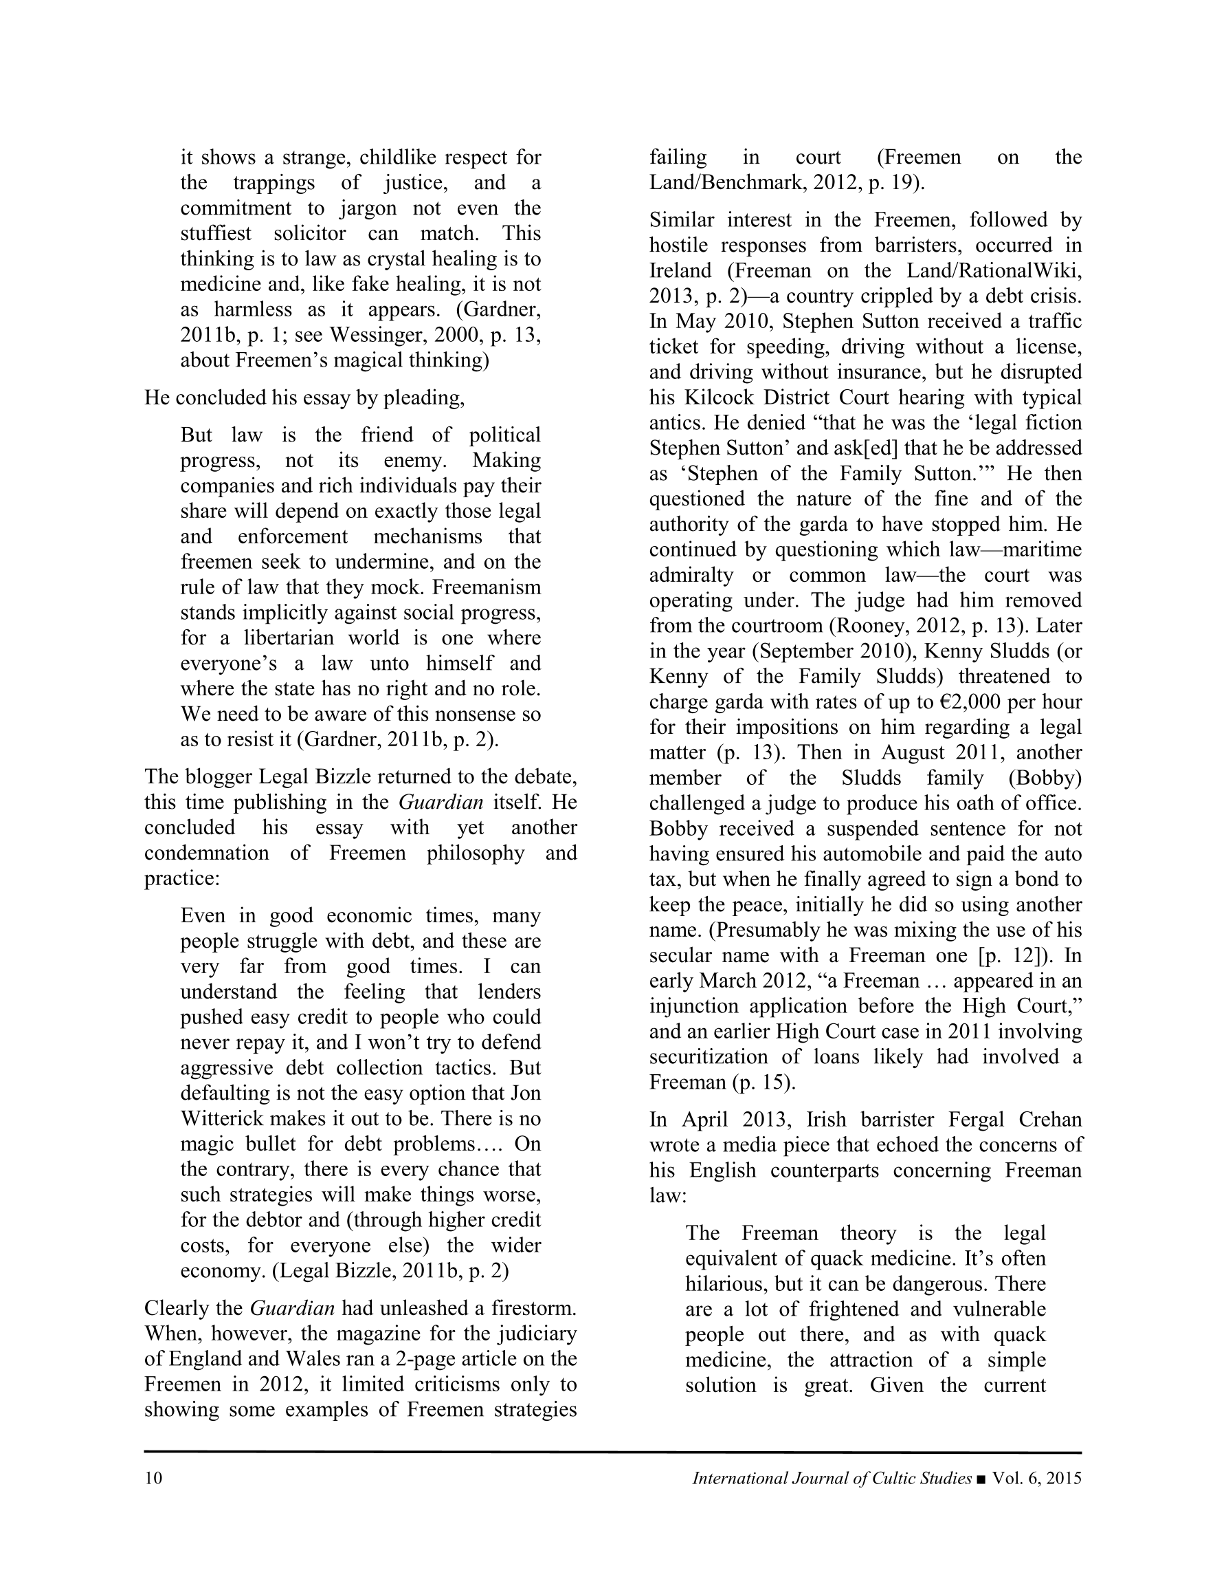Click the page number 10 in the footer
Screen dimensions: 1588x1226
point(153,1478)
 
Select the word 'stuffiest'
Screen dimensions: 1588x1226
point(216,233)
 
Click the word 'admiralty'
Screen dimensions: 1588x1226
point(691,575)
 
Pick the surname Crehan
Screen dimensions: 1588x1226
point(1049,1120)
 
